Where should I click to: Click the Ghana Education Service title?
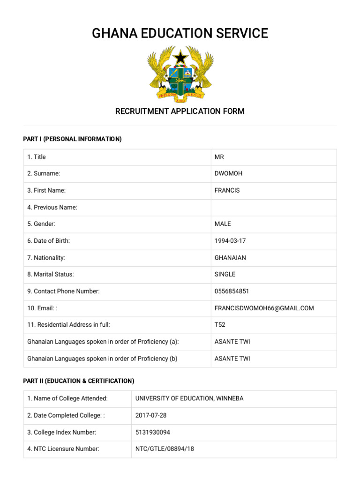coord(180,33)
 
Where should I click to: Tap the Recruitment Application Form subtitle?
coord(180,111)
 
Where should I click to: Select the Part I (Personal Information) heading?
coord(72,139)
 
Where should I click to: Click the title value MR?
coord(219,157)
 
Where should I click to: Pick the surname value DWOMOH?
coord(228,173)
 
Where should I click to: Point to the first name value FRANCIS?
coord(227,190)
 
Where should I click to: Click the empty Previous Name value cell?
coord(274,207)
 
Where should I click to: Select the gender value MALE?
coord(223,224)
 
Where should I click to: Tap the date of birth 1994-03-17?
coord(230,241)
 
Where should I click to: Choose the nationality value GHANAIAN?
coord(230,258)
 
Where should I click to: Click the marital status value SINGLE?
coord(225,274)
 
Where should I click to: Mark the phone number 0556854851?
coord(232,291)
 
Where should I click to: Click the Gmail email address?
coord(264,308)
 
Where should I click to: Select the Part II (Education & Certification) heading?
coord(79,381)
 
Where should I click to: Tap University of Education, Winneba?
coord(189,398)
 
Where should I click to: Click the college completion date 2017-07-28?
coord(151,415)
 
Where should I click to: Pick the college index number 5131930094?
coord(153,432)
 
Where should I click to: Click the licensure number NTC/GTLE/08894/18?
coord(165,449)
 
